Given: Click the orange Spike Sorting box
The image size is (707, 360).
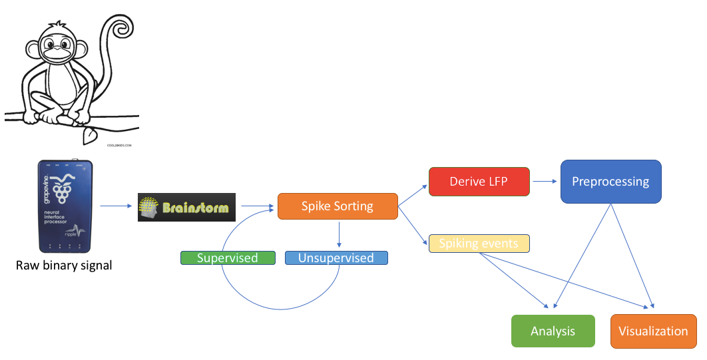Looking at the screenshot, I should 338,206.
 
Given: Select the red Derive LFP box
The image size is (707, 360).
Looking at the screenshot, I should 479,182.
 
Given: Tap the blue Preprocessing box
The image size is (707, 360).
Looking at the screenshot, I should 610,182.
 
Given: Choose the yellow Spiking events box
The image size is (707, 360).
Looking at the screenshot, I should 479,244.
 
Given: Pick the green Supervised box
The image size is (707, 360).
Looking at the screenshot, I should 228,258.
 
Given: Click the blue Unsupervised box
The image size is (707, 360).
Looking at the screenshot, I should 336,258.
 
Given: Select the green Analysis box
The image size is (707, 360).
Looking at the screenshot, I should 553,331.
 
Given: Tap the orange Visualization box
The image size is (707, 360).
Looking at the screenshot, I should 653,331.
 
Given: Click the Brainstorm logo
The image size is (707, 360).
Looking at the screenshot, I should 187,208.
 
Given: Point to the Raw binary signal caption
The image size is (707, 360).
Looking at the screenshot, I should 64,266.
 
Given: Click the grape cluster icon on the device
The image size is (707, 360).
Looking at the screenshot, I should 63,190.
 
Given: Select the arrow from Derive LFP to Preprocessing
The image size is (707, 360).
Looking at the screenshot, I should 545,180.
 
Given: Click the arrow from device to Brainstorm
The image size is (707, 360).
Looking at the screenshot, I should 118,206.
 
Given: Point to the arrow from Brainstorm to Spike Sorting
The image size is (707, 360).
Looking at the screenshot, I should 257,206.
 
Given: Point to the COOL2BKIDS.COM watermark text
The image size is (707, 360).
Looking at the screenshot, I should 119,144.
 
